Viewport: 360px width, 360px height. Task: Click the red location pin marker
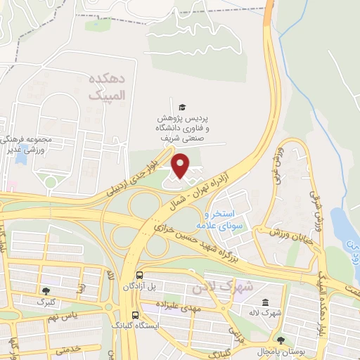click(181, 165)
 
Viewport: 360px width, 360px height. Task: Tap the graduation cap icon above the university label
click(182, 107)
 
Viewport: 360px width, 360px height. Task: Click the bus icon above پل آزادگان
click(139, 275)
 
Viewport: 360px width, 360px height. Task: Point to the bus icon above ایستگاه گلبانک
click(134, 316)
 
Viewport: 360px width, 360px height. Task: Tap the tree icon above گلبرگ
click(46, 290)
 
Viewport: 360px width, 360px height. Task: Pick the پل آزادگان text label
click(139, 287)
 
